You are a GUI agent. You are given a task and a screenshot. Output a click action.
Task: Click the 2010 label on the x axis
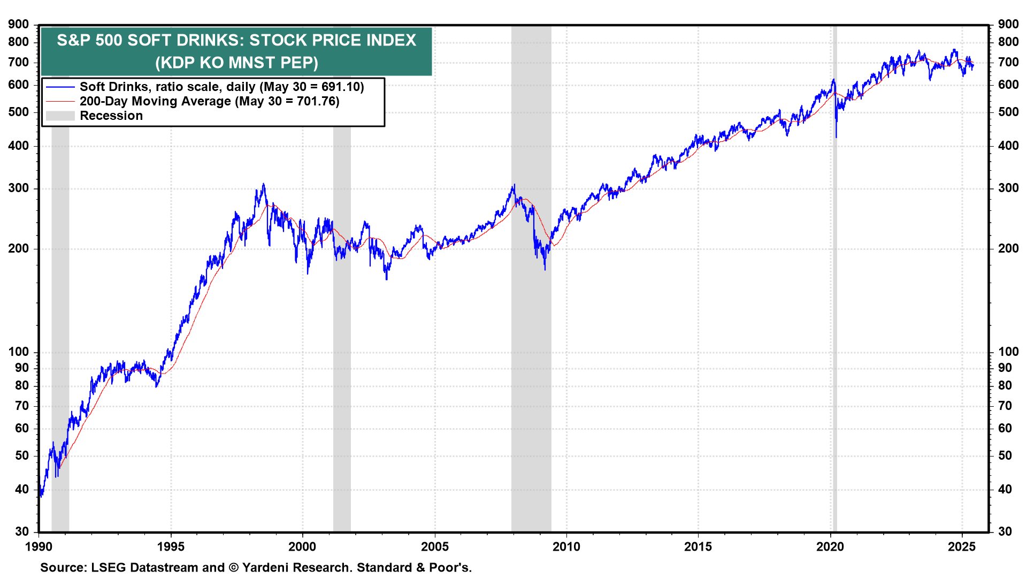(x=566, y=546)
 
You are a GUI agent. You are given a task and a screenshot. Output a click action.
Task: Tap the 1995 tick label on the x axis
(x=171, y=546)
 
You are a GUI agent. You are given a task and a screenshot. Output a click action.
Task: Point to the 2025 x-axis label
(x=962, y=546)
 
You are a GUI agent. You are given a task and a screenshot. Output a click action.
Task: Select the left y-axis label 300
(x=19, y=188)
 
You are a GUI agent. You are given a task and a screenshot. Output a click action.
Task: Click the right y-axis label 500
(x=1008, y=112)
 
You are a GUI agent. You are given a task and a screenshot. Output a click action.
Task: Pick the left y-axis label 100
(x=19, y=352)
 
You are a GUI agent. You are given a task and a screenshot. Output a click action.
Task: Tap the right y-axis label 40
(x=1005, y=489)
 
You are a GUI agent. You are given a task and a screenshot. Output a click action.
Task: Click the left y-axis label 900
(x=19, y=24)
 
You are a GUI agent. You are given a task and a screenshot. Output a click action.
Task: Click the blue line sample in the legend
(x=60, y=87)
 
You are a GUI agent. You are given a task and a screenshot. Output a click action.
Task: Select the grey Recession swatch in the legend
(x=60, y=116)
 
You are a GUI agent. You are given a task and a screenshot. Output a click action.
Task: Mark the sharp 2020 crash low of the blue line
(x=836, y=137)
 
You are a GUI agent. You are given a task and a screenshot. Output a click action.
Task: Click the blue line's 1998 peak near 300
(x=263, y=185)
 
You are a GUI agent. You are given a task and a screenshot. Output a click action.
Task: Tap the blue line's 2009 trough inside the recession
(x=545, y=269)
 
